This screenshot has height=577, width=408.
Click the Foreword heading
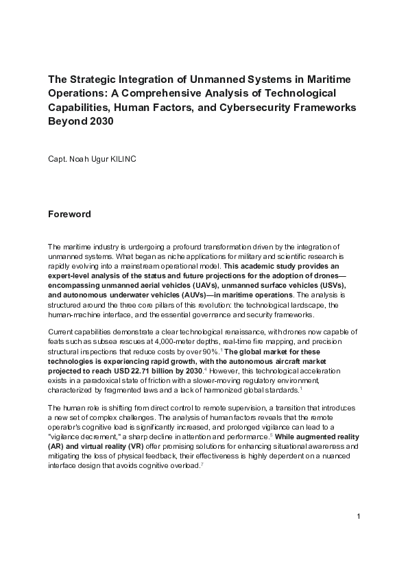pyautogui.click(x=69, y=214)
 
